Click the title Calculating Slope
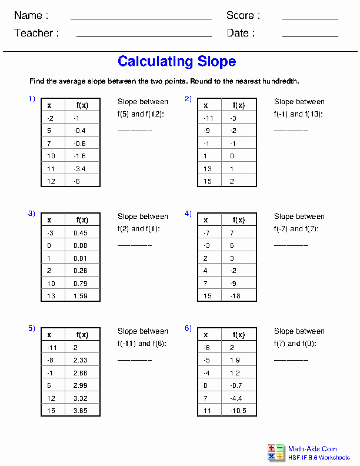click(x=176, y=61)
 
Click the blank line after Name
click(x=141, y=19)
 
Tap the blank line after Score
click(x=309, y=19)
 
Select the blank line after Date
click(x=309, y=36)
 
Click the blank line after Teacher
click(x=144, y=36)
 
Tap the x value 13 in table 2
click(x=208, y=169)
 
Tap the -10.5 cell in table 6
click(x=238, y=411)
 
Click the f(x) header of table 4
click(x=239, y=220)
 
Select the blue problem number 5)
click(x=32, y=328)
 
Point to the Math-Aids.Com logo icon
click(x=275, y=452)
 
